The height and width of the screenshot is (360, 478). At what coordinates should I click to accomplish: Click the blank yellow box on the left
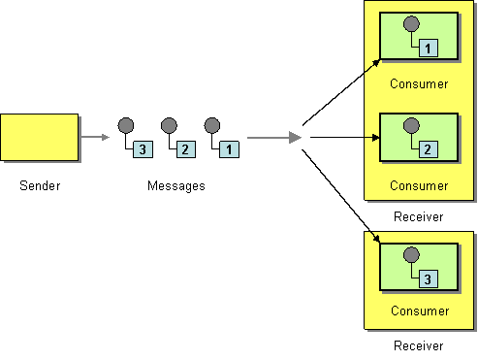40,137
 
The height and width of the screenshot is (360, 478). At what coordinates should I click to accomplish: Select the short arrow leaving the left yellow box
96,137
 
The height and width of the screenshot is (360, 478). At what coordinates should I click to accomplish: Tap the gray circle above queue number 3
126,125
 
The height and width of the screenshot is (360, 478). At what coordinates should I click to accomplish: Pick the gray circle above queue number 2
169,125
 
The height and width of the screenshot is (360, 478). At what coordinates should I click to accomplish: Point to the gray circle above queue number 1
211,125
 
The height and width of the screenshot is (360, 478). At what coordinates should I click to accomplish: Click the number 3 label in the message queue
143,149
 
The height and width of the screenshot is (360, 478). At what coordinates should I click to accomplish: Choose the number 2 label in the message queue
186,149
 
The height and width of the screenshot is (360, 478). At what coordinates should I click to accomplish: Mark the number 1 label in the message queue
229,149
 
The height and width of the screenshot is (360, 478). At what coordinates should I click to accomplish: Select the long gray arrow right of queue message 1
274,138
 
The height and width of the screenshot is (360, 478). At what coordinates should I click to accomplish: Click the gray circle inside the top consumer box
411,23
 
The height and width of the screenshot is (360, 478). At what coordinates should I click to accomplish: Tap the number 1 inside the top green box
429,47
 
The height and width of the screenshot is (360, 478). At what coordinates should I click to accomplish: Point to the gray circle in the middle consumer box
411,125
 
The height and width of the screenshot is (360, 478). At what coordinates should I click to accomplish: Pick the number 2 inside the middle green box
429,148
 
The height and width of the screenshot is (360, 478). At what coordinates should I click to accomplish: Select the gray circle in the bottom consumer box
411,255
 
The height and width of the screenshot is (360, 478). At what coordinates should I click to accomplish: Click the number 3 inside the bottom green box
429,279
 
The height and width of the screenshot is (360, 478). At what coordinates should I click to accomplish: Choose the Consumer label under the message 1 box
419,83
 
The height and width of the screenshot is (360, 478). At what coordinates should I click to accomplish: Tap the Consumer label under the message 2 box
419,184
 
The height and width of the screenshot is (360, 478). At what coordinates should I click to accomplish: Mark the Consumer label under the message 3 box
419,311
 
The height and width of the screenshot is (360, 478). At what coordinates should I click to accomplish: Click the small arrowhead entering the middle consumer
374,137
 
